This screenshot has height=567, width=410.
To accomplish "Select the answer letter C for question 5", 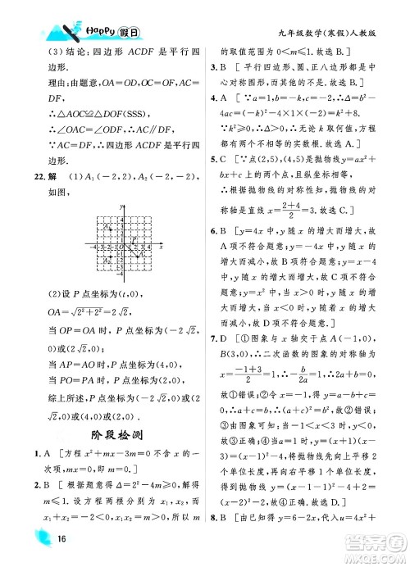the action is (224, 156).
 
